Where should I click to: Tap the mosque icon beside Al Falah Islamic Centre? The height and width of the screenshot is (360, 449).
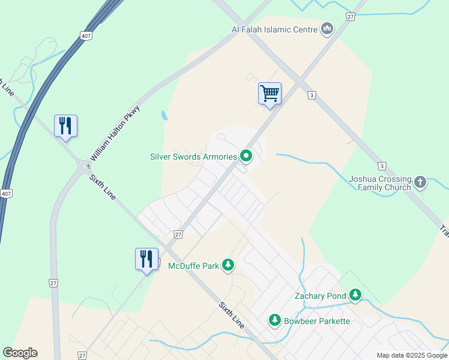(x=327, y=29)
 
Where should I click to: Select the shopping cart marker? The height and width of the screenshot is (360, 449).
(x=270, y=94)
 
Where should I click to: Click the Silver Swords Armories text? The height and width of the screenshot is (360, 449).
(x=193, y=157)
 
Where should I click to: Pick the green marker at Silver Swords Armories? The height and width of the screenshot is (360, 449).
(x=246, y=157)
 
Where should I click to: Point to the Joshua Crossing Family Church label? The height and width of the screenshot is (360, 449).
(x=380, y=183)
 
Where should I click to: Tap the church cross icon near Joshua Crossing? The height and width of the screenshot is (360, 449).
(x=420, y=181)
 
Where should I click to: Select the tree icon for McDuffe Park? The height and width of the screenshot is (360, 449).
(x=228, y=265)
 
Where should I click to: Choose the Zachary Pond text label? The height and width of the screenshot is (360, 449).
(x=320, y=295)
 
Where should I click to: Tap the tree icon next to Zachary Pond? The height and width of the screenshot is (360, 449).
(x=356, y=295)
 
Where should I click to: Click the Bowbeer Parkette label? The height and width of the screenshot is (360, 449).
(x=316, y=321)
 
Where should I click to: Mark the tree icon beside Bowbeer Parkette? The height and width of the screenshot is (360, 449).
(x=275, y=320)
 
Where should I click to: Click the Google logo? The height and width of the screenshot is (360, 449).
(x=20, y=353)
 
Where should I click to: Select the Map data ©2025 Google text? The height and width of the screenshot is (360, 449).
(x=412, y=355)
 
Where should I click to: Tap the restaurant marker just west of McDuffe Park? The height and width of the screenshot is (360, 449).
(x=146, y=259)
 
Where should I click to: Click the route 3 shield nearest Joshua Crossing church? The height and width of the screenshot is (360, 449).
(x=381, y=166)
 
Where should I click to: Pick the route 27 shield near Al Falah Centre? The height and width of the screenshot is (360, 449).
(x=350, y=17)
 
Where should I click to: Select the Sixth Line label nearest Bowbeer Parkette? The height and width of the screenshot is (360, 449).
(x=231, y=315)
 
